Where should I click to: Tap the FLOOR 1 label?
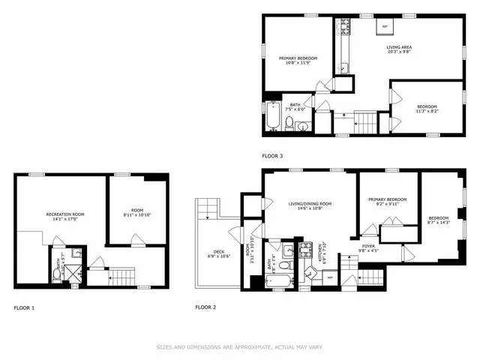tap(24, 307)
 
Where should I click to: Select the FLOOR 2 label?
tap(205, 307)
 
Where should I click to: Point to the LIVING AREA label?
tap(398, 48)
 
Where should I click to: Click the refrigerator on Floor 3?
tap(385, 26)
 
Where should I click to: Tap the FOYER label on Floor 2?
tap(368, 245)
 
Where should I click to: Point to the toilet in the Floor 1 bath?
tap(57, 274)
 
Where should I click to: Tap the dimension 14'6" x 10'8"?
tap(310, 209)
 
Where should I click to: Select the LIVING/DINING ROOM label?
tap(310, 203)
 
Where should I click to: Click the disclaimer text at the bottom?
tap(240, 346)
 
